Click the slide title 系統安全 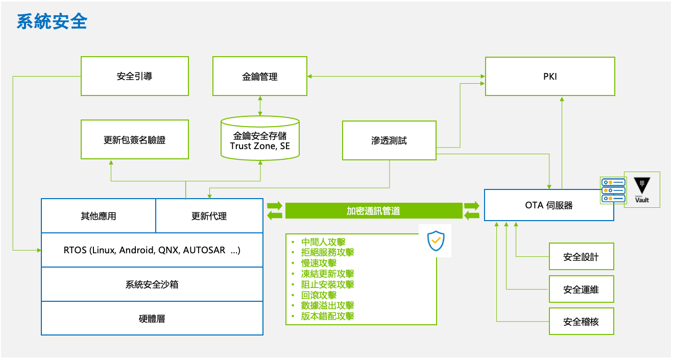pos(52,21)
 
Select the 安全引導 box pos(134,76)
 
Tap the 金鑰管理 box pos(260,76)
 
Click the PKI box pos(550,76)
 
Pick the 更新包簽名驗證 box pos(134,139)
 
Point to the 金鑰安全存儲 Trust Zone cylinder pos(260,139)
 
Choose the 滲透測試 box pos(389,140)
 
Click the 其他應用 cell pos(98,216)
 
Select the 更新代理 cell pos(209,216)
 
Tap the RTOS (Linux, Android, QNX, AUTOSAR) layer pos(152,250)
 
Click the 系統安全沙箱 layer pos(152,284)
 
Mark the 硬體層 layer pos(152,319)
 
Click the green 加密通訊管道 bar pos(373,211)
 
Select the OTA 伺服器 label pos(549,205)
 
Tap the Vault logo pos(642,190)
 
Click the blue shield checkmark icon pos(436,241)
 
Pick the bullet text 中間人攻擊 pos(323,242)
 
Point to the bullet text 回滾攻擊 pos(319,295)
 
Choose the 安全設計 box pos(581,257)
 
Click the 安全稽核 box pos(581,322)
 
